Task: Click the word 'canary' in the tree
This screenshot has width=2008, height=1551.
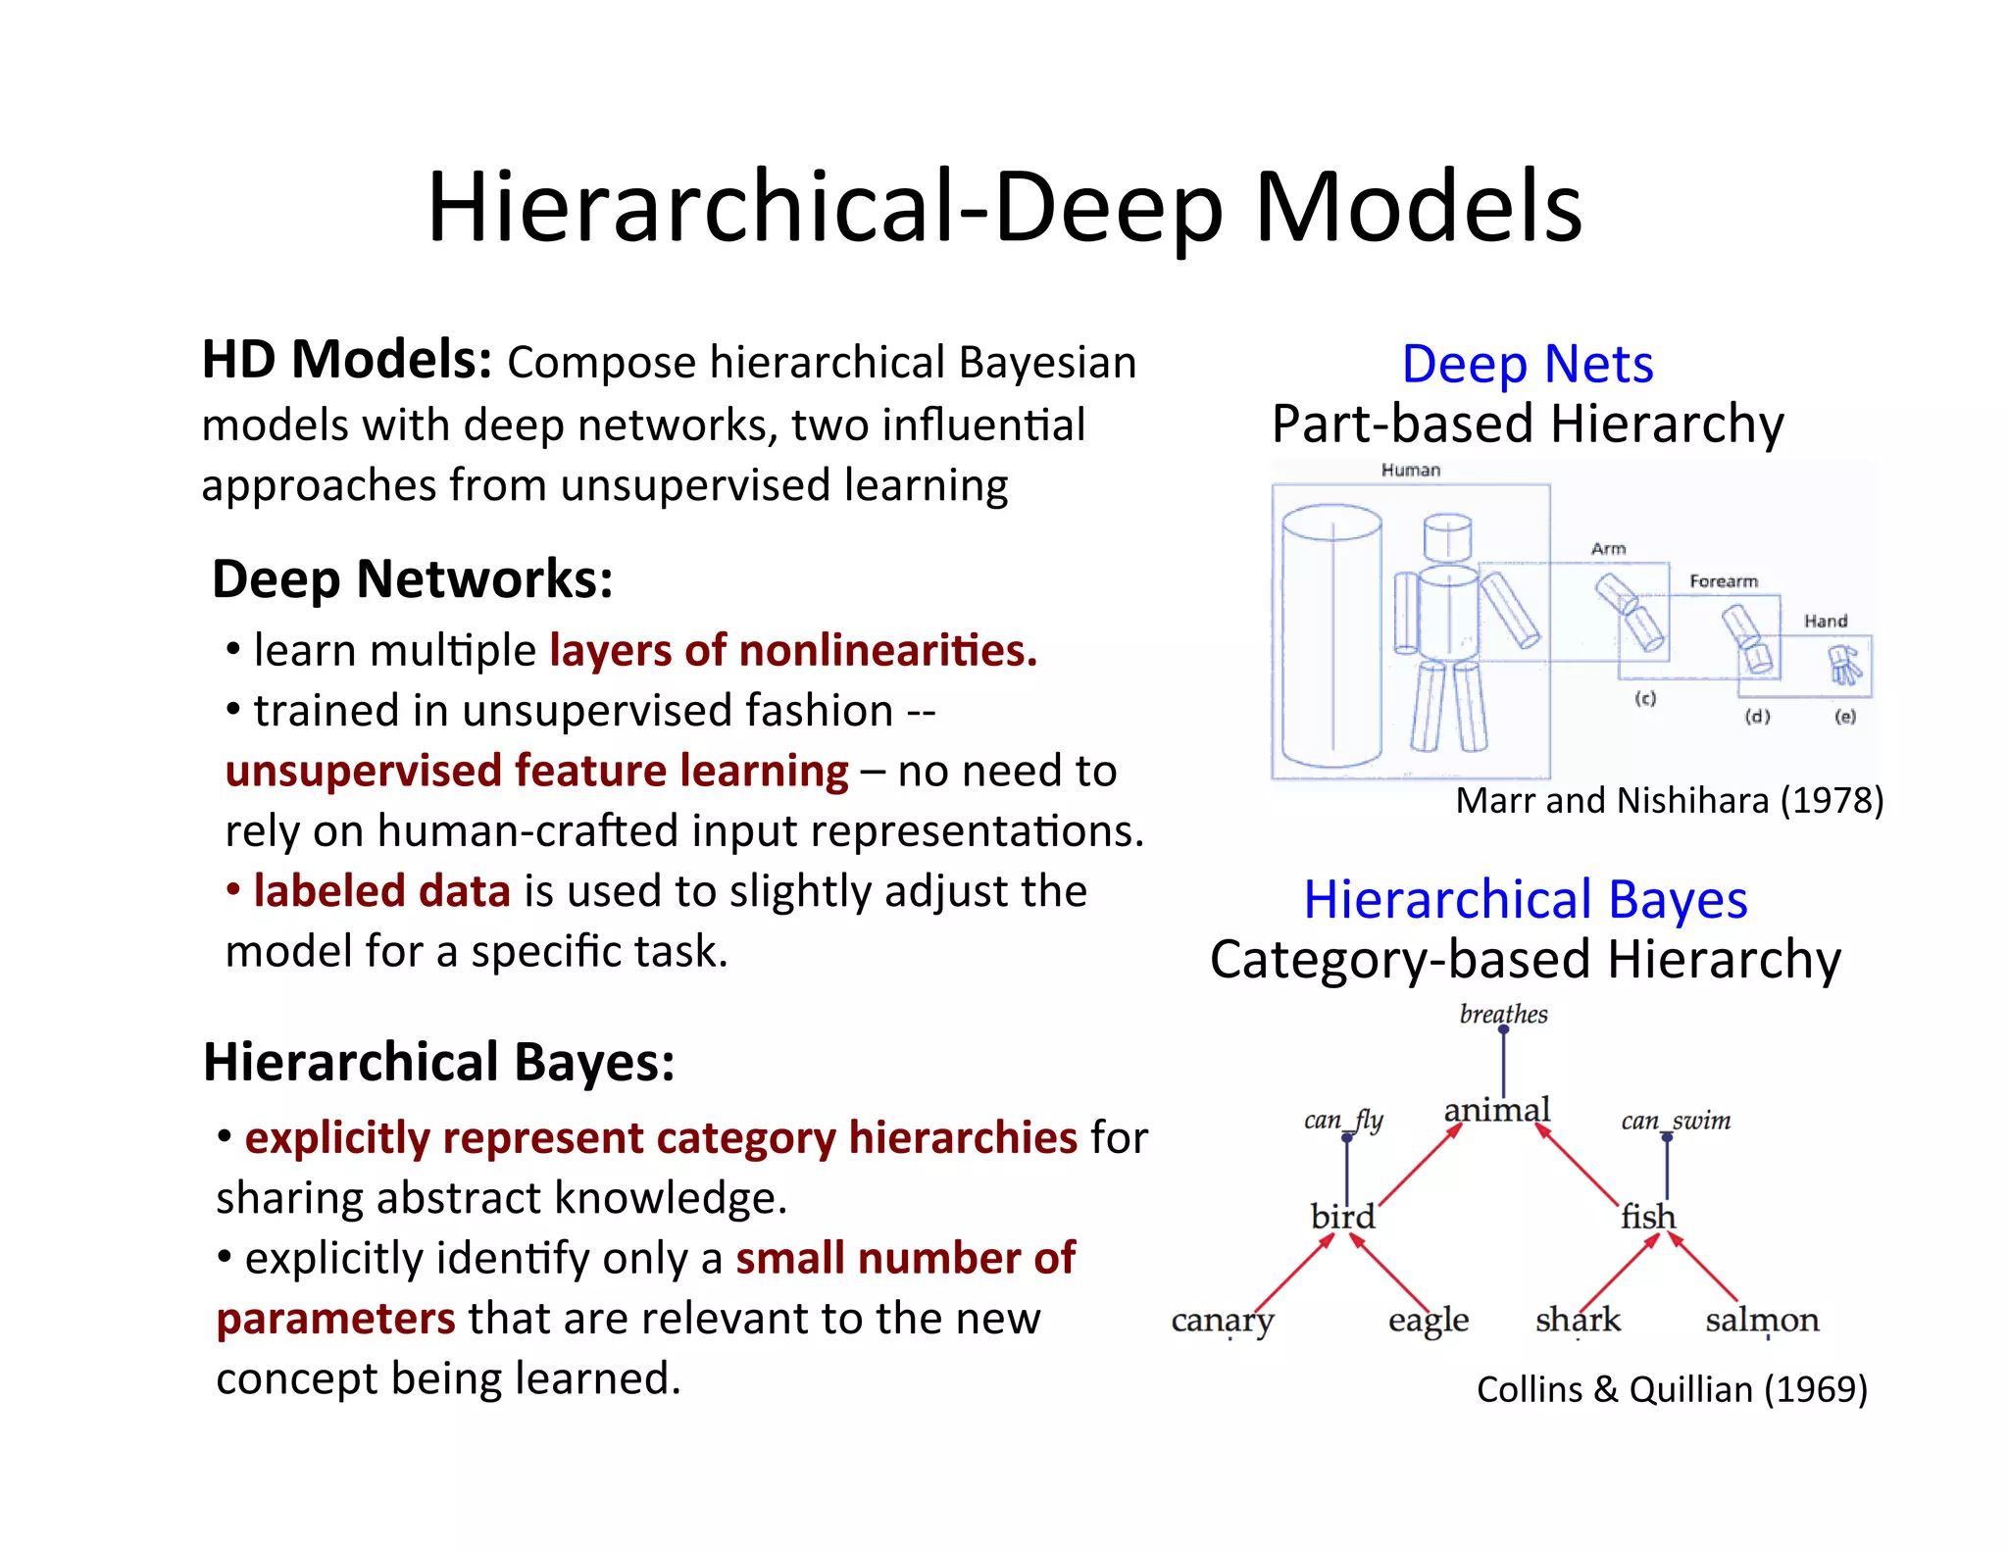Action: [1222, 1321]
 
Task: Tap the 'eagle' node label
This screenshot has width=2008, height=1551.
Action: [1428, 1321]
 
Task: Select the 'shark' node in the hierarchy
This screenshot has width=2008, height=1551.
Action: [1578, 1320]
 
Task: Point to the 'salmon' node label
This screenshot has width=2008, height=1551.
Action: [1762, 1320]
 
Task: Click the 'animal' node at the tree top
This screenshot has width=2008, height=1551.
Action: [1497, 1110]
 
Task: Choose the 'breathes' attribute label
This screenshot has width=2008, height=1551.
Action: [1503, 1014]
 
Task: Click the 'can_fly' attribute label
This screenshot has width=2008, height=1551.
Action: [1343, 1120]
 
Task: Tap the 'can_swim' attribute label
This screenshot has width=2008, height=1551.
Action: [1676, 1120]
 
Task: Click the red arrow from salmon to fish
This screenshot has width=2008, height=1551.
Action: [1703, 1268]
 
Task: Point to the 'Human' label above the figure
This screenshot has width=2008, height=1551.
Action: [1410, 471]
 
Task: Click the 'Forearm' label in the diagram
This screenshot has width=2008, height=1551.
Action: [1723, 581]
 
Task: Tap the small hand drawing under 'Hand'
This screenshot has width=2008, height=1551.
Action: [1844, 665]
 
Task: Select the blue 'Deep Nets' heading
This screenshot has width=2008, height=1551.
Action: [1527, 365]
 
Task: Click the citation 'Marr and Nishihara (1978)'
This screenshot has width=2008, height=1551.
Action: [1669, 801]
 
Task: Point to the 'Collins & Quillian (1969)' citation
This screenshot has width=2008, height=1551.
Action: [1672, 1389]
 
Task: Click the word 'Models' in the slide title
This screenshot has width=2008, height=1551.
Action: [1418, 207]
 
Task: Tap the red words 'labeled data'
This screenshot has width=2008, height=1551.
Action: [381, 891]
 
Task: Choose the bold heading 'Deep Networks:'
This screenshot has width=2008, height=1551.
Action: [413, 578]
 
